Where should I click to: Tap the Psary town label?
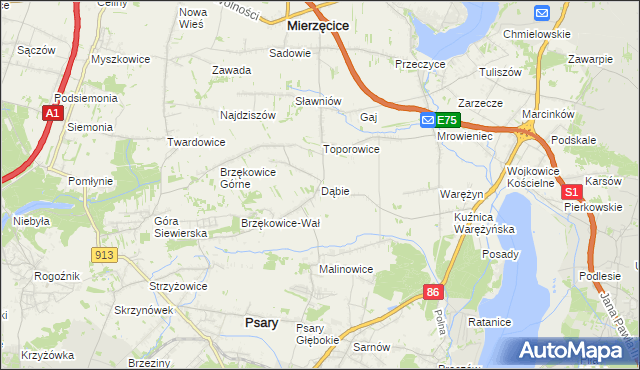261,322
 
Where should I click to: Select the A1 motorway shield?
54,115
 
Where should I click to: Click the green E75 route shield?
446,120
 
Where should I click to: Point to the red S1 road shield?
571,191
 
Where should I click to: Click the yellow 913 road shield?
104,255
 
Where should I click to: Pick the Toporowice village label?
350,149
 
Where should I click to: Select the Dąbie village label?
335,191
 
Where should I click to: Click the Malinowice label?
346,269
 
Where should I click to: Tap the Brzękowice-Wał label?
280,223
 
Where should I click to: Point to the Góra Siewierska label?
180,226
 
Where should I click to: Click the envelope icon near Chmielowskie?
542,13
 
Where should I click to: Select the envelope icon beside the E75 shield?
427,120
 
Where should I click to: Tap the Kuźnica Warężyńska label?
483,222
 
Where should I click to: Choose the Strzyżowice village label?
178,286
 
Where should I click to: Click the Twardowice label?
196,142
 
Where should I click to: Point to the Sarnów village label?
372,346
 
